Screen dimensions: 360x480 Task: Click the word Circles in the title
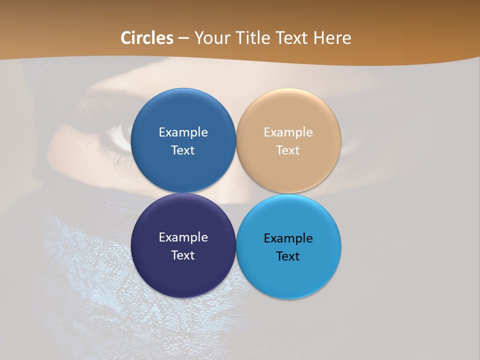tap(147, 38)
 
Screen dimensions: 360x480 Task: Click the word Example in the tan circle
tap(288, 132)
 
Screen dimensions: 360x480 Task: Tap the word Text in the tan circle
tap(288, 150)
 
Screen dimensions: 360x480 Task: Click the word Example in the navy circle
tap(183, 237)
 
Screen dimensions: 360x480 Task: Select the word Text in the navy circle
tap(183, 255)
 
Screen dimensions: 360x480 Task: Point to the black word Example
tap(288, 238)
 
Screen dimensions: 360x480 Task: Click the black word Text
tap(288, 256)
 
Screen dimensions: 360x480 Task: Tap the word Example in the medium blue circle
tap(183, 132)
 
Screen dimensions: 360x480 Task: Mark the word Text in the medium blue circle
tap(183, 150)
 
